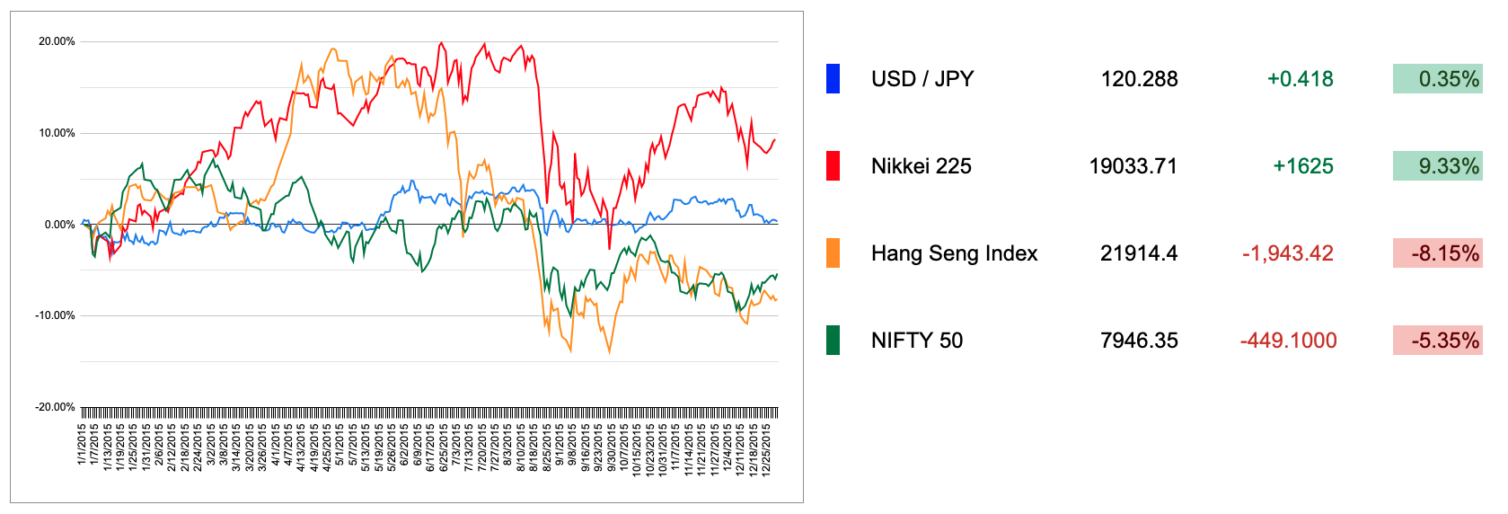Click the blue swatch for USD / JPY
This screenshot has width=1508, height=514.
click(833, 79)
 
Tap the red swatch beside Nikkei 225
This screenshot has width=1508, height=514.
click(833, 166)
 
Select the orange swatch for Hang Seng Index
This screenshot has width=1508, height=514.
click(833, 253)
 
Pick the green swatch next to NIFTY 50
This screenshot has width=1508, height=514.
click(833, 341)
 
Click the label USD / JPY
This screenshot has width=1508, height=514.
click(922, 79)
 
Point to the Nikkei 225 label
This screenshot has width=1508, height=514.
click(921, 166)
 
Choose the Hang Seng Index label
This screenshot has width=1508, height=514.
click(954, 253)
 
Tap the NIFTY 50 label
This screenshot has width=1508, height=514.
click(916, 341)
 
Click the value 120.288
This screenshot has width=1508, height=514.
click(1139, 79)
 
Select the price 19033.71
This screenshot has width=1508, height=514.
click(1133, 166)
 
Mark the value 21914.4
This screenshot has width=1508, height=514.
click(1138, 253)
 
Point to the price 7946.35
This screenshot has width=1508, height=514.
click(1139, 341)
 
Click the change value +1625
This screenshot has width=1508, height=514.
click(1302, 166)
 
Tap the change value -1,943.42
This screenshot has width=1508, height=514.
click(1287, 253)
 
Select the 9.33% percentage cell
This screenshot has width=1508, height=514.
click(1437, 166)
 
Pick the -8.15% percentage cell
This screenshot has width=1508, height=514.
click(1437, 253)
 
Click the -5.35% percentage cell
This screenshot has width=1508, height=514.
click(1437, 341)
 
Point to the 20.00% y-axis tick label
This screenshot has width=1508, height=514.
click(57, 41)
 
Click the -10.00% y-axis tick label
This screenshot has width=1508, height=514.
click(55, 315)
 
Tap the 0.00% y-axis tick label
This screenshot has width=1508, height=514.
click(59, 225)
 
